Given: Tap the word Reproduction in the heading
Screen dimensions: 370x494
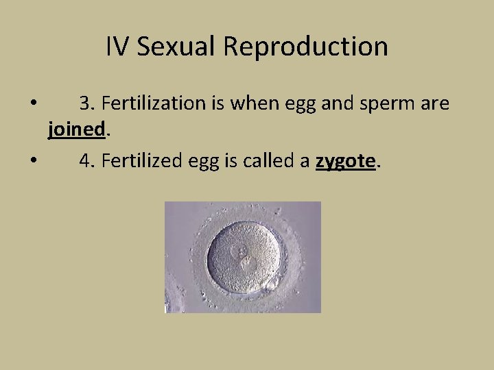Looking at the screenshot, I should tap(305, 47).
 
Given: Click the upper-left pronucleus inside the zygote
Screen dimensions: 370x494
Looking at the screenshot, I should tap(240, 251).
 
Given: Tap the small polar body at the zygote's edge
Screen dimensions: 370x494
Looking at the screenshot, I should tap(271, 281).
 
